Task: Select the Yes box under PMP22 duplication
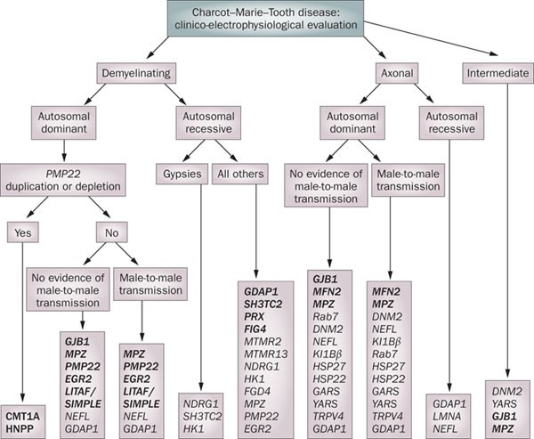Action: pyautogui.click(x=21, y=234)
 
